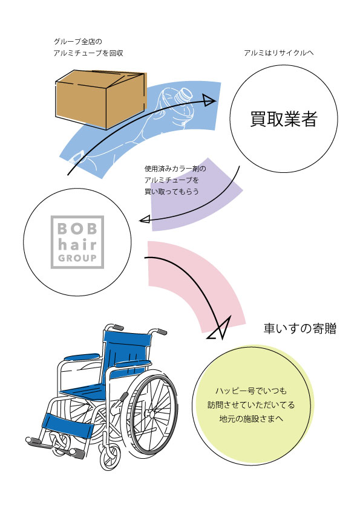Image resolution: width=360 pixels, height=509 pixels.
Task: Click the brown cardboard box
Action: click(100, 99)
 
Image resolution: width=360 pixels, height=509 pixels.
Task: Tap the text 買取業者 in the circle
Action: click(284, 119)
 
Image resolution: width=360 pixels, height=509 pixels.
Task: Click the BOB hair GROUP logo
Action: click(77, 242)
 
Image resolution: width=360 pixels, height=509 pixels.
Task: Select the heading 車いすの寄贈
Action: click(299, 328)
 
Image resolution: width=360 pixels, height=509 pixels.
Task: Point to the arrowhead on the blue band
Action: click(209, 100)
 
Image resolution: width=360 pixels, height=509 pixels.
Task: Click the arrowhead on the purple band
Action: click(145, 220)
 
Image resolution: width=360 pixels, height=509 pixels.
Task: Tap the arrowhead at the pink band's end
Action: click(220, 328)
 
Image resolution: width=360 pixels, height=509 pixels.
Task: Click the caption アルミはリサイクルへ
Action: click(279, 53)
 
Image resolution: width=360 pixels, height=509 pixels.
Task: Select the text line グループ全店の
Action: click(77, 42)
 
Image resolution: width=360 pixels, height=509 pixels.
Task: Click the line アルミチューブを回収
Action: click(88, 53)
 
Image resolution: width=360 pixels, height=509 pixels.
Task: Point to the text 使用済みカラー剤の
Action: click(175, 169)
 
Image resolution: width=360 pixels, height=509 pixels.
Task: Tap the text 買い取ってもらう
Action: click(172, 192)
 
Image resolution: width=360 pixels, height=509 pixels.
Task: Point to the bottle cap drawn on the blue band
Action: click(184, 95)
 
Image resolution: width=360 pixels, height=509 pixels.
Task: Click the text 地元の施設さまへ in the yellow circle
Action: click(251, 419)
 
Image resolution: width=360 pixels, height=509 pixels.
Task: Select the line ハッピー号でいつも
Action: click(251, 391)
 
